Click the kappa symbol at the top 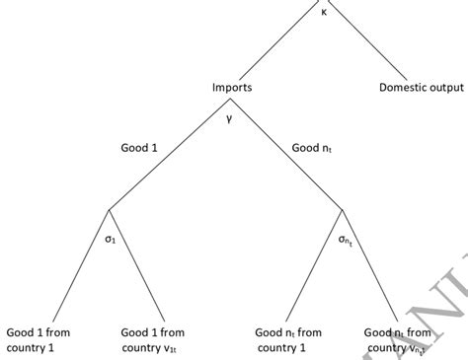324,12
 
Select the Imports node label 232,88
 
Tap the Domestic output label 421,88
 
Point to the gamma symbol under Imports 228,117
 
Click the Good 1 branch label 139,148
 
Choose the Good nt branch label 311,149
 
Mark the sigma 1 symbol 111,239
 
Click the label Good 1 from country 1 38,340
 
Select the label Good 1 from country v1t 152,340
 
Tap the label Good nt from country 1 288,340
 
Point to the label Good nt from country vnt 399,340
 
